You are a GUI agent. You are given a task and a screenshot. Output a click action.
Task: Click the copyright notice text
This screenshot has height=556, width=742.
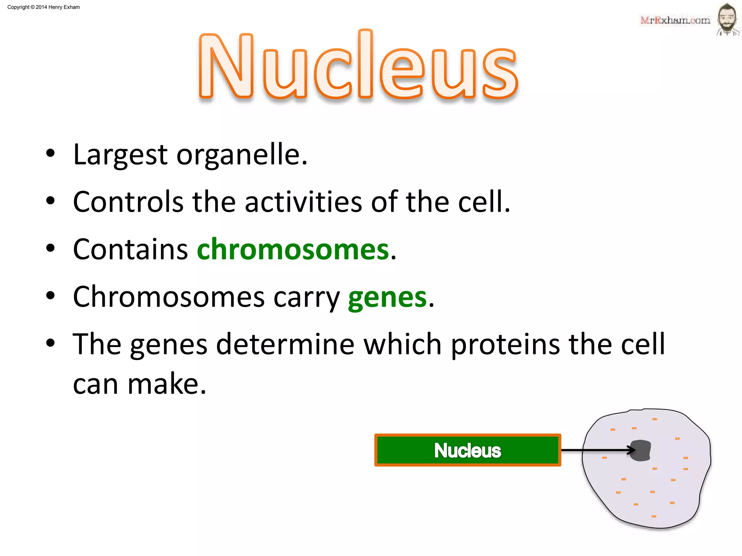pos(43,7)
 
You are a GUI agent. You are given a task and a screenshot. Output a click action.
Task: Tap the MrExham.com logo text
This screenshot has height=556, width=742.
pos(675,20)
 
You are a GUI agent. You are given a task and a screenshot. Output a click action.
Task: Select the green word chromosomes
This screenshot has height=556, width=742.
pos(293,249)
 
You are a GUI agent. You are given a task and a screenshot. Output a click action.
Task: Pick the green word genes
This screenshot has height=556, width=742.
pos(387,298)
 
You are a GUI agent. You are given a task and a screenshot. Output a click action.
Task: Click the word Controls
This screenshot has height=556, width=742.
pos(128,202)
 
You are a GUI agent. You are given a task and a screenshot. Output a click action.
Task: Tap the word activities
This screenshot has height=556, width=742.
pos(303,202)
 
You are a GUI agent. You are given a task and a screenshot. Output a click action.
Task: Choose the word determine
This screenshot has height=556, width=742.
pos(285,345)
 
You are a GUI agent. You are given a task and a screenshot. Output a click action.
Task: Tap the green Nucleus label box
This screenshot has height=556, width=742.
pos(467,450)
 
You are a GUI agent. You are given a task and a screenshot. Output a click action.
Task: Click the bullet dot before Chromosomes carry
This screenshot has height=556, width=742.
pos(50,296)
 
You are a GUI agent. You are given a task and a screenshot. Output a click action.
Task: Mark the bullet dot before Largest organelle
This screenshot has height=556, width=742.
pos(50,153)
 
